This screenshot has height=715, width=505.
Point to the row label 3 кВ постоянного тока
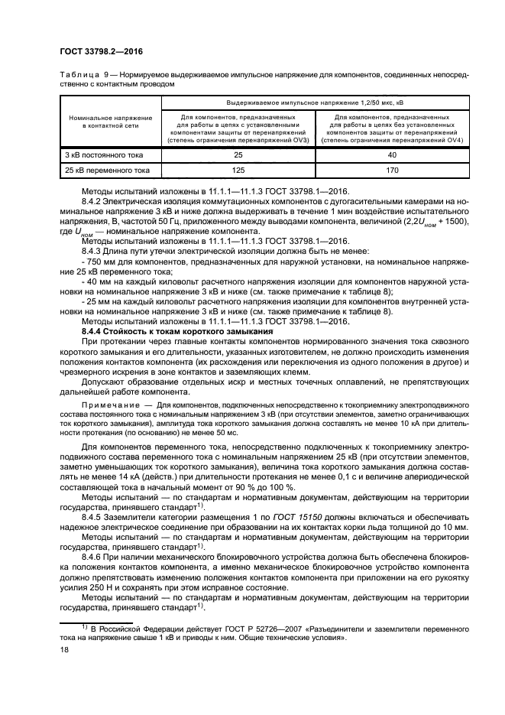[x=98, y=155]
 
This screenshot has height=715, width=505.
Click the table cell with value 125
[x=238, y=170]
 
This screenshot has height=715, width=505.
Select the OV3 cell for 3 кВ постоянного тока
[x=238, y=155]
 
